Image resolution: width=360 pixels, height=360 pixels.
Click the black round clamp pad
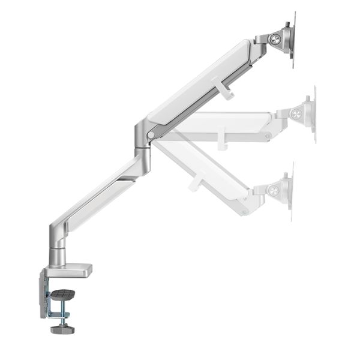62,294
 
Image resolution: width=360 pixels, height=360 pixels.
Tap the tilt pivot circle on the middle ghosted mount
297,113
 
